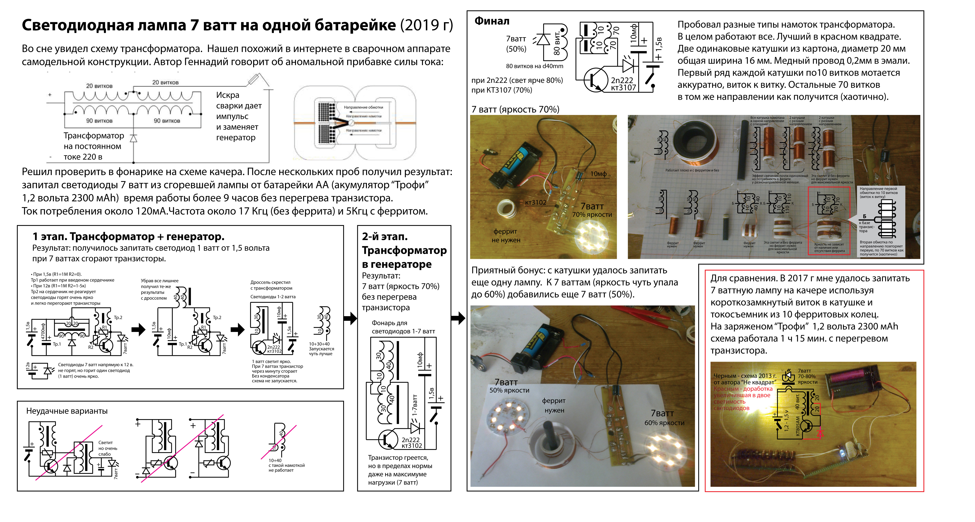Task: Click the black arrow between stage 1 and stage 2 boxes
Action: (350, 318)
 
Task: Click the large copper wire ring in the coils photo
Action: (696, 144)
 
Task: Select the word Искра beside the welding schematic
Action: (228, 95)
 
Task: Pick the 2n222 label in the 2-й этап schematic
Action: (411, 440)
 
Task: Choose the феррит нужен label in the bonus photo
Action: (554, 405)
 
